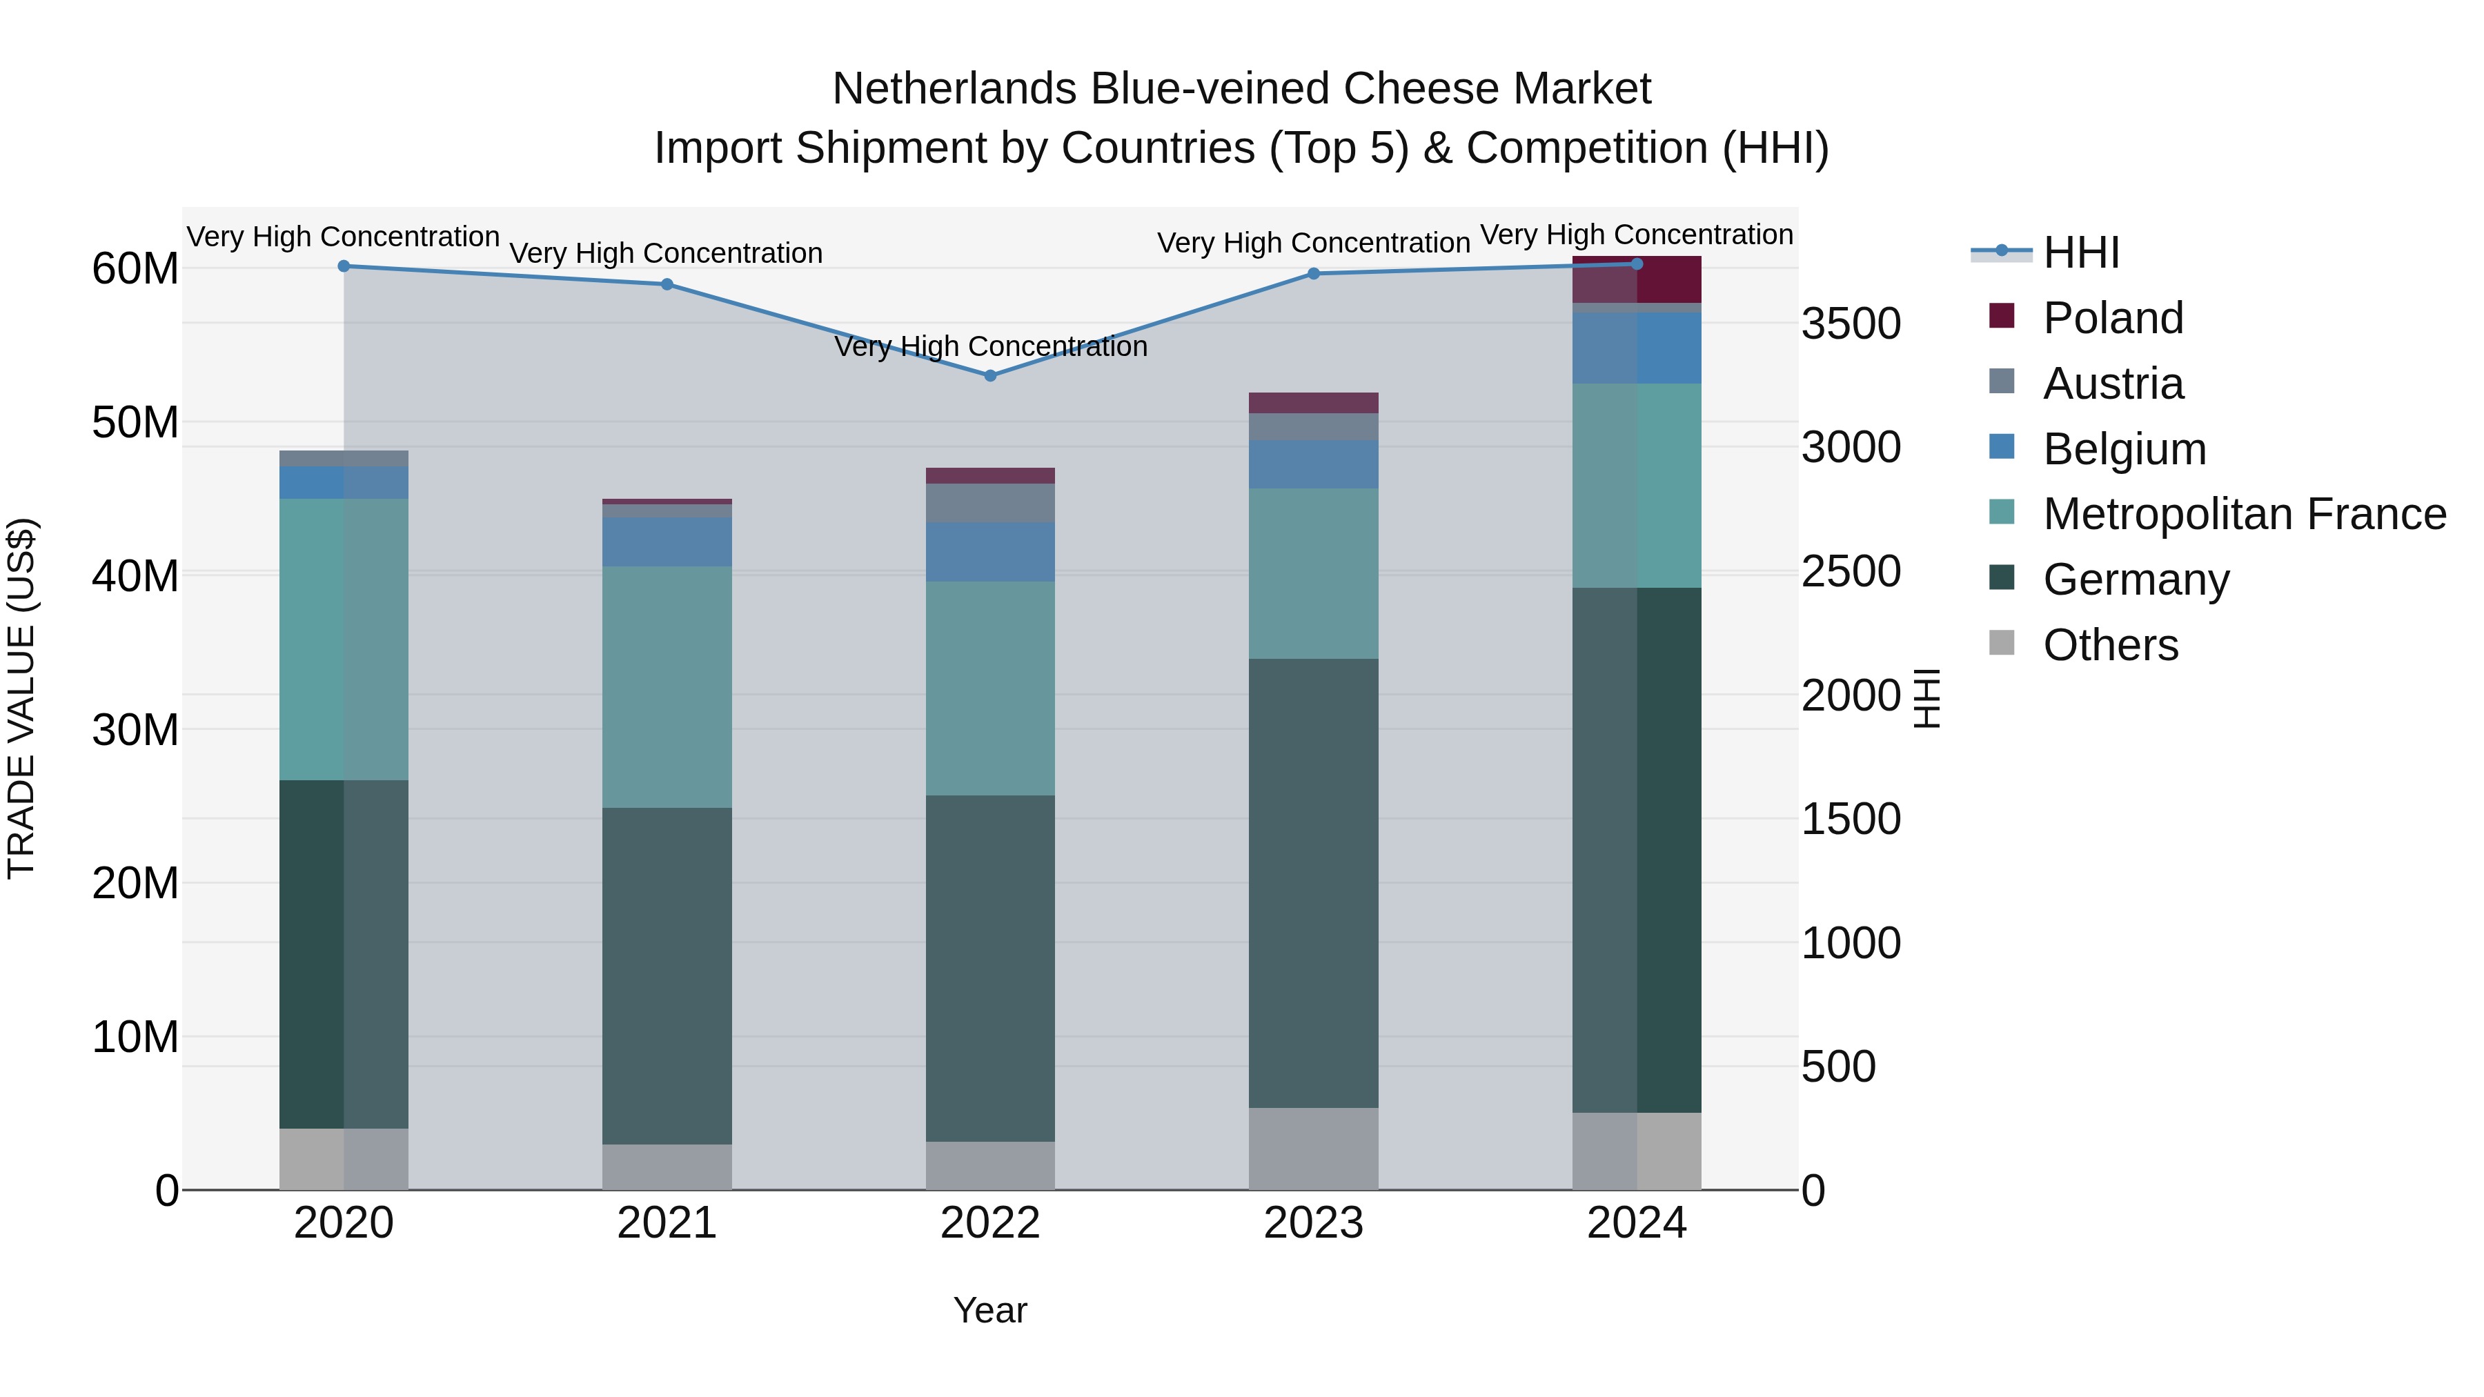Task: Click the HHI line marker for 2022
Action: coord(989,375)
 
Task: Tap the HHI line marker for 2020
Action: coord(344,266)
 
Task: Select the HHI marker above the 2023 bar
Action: coord(1313,274)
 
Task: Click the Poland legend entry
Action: coord(2112,318)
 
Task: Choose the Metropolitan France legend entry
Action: coord(2243,514)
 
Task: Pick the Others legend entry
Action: coord(2110,645)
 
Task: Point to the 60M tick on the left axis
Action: coord(135,268)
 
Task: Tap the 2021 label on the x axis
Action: coord(667,1223)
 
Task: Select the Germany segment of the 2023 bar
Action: coord(1313,882)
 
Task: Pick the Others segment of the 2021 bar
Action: coord(667,1167)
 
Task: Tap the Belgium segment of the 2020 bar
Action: coord(344,482)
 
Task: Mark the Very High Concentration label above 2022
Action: coord(990,346)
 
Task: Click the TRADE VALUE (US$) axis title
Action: coord(21,698)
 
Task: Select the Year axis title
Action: coord(989,1310)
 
